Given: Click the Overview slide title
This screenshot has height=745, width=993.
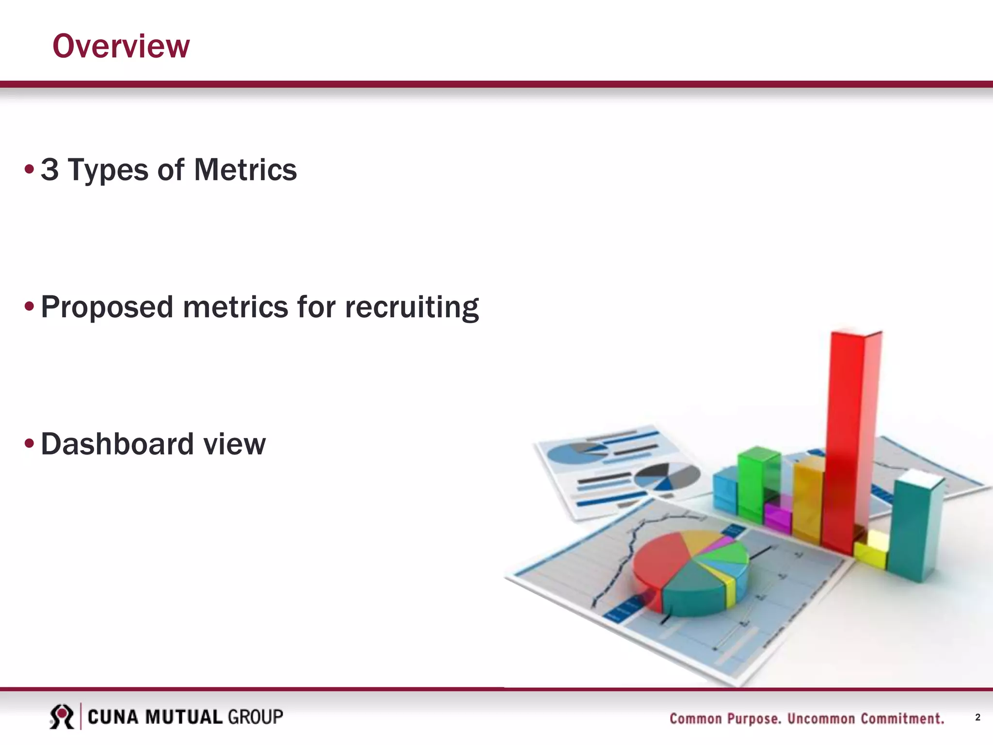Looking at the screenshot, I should point(121,47).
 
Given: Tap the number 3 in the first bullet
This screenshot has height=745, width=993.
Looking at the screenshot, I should point(49,170).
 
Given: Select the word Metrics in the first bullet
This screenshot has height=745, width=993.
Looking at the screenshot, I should point(245,170).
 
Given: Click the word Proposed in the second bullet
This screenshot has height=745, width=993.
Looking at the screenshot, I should point(107,308).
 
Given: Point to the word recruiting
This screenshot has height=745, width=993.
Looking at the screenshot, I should point(412,308).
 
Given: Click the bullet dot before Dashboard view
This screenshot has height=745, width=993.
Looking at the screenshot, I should point(30,443).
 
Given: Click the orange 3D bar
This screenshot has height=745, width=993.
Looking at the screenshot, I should point(807,500).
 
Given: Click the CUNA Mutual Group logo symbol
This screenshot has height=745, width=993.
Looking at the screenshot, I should point(62,717).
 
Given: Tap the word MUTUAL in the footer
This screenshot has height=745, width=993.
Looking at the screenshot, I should point(183,717).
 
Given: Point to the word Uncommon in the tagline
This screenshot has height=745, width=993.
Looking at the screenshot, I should point(821,718).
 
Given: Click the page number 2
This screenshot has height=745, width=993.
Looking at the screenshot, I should point(977,717).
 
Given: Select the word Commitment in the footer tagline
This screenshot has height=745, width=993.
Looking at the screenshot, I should point(902,718).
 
